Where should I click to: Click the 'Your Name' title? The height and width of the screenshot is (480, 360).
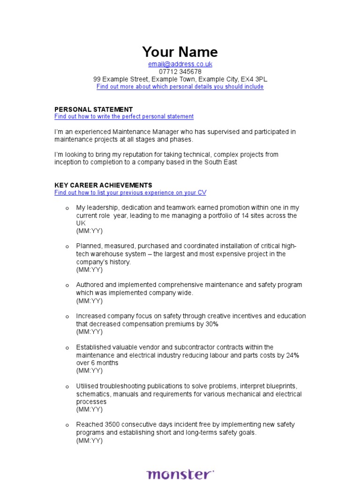180,52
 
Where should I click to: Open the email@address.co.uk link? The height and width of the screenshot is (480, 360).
180,64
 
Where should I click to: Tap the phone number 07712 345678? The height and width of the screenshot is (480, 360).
180,72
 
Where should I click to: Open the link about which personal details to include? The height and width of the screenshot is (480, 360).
180,87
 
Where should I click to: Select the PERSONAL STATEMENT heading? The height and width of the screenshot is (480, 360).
94,109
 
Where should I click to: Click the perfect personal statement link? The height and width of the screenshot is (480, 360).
124,116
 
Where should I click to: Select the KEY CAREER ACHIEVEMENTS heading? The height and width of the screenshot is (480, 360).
103,185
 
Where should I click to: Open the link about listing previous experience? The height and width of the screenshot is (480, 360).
130,193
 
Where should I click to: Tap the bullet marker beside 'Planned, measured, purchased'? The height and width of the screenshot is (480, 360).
67,247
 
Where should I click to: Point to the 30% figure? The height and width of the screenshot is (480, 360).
211,324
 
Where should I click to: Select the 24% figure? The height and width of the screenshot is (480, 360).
292,355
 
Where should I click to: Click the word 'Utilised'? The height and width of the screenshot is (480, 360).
88,386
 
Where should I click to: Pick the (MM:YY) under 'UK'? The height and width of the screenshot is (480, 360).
89,231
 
